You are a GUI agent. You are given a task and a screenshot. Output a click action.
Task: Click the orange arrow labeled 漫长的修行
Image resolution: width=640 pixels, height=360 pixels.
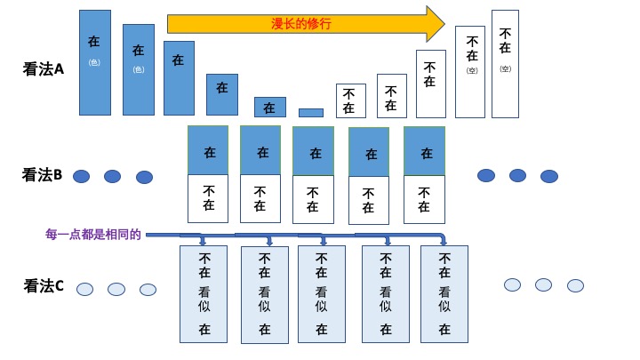[x=302, y=24]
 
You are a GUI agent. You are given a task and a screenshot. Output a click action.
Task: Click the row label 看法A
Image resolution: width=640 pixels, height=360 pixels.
[x=44, y=68]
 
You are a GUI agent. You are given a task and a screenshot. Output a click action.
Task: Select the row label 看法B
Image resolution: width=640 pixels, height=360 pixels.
[x=42, y=175]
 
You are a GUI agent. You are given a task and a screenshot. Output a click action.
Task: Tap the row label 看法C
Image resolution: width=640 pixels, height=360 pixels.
[x=44, y=286]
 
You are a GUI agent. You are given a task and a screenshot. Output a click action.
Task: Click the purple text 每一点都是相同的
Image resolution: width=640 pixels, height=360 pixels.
[x=93, y=235]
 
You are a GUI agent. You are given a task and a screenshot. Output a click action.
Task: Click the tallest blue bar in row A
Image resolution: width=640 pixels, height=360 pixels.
[x=95, y=62]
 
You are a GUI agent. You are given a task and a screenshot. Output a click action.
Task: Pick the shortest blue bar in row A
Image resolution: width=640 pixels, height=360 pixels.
[x=311, y=113]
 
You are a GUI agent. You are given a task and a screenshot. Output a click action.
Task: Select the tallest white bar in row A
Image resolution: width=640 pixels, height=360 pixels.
[x=505, y=64]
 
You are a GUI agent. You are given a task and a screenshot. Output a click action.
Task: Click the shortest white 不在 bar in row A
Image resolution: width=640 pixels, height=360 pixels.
[x=350, y=100]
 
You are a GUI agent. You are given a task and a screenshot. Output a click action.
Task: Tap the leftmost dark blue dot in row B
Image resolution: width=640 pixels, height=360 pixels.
[x=81, y=176]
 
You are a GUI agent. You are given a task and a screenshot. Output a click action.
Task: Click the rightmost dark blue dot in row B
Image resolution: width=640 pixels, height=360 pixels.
[x=549, y=176]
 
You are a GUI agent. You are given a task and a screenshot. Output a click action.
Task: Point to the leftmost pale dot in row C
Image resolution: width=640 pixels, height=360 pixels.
[x=84, y=289]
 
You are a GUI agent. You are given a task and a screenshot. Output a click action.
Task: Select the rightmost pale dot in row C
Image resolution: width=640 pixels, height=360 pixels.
[x=575, y=285]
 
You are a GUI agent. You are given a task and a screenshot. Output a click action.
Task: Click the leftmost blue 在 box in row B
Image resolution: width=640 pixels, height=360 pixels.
[x=208, y=150]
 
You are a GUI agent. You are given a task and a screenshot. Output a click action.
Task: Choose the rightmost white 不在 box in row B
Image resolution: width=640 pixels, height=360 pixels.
[x=424, y=199]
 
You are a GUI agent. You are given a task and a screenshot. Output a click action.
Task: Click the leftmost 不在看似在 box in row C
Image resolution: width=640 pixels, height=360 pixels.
[x=204, y=294]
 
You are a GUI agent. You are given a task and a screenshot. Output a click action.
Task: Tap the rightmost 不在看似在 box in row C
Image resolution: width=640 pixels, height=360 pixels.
[x=444, y=294]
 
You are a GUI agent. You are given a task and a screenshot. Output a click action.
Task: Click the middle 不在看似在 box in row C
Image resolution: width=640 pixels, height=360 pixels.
[x=322, y=294]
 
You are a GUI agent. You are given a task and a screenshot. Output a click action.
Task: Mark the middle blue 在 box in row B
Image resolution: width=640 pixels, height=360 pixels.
[x=313, y=151]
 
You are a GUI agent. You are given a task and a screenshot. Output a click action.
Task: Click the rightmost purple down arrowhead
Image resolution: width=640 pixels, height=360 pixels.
[x=443, y=241]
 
